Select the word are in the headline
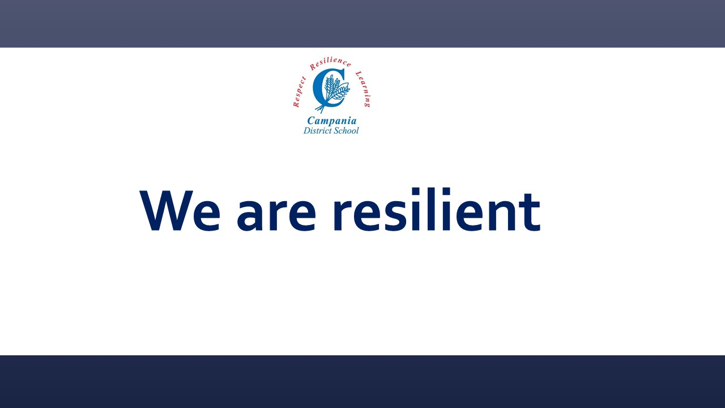pyautogui.click(x=276, y=215)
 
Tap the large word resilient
pyautogui.click(x=437, y=209)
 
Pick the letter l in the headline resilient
pyautogui.click(x=432, y=209)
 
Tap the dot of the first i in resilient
pyautogui.click(x=416, y=191)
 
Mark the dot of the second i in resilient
pyautogui.click(x=446, y=191)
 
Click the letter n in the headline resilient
pyautogui.click(x=501, y=215)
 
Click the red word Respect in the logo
pyautogui.click(x=299, y=92)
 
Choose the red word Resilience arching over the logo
pyautogui.click(x=330, y=63)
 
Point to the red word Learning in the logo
pyautogui.click(x=364, y=89)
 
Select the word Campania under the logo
pyautogui.click(x=331, y=121)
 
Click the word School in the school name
pyautogui.click(x=346, y=130)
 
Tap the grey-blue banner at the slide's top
pyautogui.click(x=362, y=24)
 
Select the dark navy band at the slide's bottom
pyautogui.click(x=362, y=381)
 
